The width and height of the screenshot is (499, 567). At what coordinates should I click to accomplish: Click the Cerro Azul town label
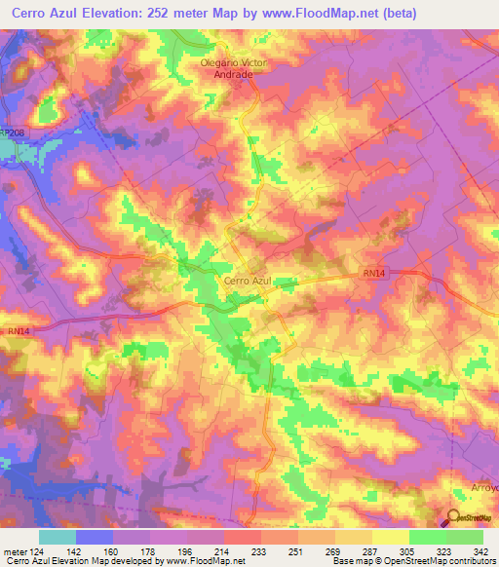pos(247,281)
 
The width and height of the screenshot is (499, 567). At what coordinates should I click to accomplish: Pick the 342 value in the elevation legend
pos(482,550)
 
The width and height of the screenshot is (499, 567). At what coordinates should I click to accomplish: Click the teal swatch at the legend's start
pos(57,537)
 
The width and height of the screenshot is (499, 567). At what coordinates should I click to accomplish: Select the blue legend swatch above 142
pos(94,537)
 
